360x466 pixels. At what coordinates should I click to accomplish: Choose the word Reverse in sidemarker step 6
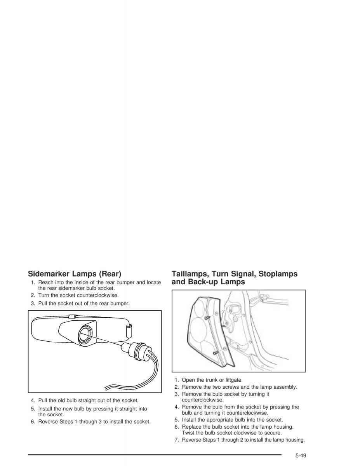[x=48, y=422]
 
